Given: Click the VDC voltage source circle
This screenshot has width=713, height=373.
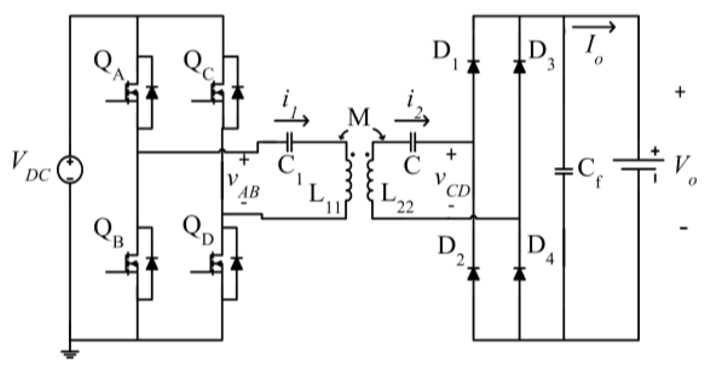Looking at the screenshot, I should (70, 169).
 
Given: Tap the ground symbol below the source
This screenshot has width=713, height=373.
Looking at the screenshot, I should (70, 354).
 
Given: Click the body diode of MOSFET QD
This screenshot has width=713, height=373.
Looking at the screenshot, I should (238, 264).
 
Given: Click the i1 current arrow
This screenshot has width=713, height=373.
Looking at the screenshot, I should (291, 120).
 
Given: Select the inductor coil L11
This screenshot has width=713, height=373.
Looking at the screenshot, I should (348, 179).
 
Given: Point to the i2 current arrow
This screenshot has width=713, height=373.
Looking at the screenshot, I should (411, 120).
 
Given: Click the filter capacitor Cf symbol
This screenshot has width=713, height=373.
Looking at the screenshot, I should (564, 171).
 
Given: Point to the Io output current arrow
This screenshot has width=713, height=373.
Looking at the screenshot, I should (594, 27).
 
